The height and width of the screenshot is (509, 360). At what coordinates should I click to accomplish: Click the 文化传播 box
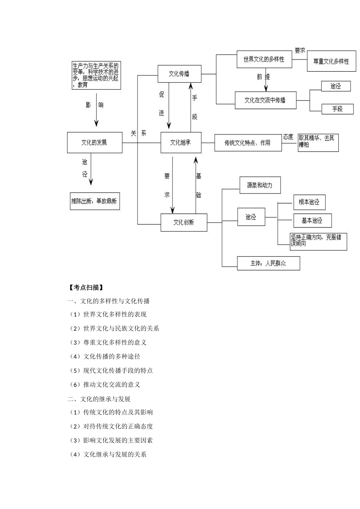click(179, 74)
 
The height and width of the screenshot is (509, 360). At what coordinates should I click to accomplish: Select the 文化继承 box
click(181, 142)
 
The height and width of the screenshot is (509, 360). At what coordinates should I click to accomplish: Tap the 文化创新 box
click(184, 222)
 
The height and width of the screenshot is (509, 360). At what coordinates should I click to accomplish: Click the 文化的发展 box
click(94, 142)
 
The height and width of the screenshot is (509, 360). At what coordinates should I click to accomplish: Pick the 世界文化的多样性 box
click(264, 59)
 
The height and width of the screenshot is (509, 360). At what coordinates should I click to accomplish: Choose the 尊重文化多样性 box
click(331, 61)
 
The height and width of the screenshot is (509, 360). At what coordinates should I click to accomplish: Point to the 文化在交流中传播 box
click(265, 100)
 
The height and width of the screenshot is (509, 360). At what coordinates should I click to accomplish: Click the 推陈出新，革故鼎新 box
click(94, 201)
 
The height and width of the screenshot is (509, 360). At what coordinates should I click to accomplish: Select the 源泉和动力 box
click(260, 185)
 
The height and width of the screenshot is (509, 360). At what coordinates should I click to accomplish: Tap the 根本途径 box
click(309, 202)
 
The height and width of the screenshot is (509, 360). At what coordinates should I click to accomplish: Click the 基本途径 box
click(312, 220)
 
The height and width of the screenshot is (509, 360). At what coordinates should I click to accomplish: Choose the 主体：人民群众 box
click(268, 263)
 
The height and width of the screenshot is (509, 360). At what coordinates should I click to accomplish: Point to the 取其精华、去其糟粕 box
click(318, 143)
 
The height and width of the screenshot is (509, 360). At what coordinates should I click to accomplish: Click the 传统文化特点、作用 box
click(248, 143)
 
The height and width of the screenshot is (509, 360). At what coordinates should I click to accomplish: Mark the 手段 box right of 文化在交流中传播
click(337, 109)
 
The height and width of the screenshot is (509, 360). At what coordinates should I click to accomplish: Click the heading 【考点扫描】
click(86, 287)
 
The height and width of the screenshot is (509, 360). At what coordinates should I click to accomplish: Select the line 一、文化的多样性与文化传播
click(109, 301)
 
